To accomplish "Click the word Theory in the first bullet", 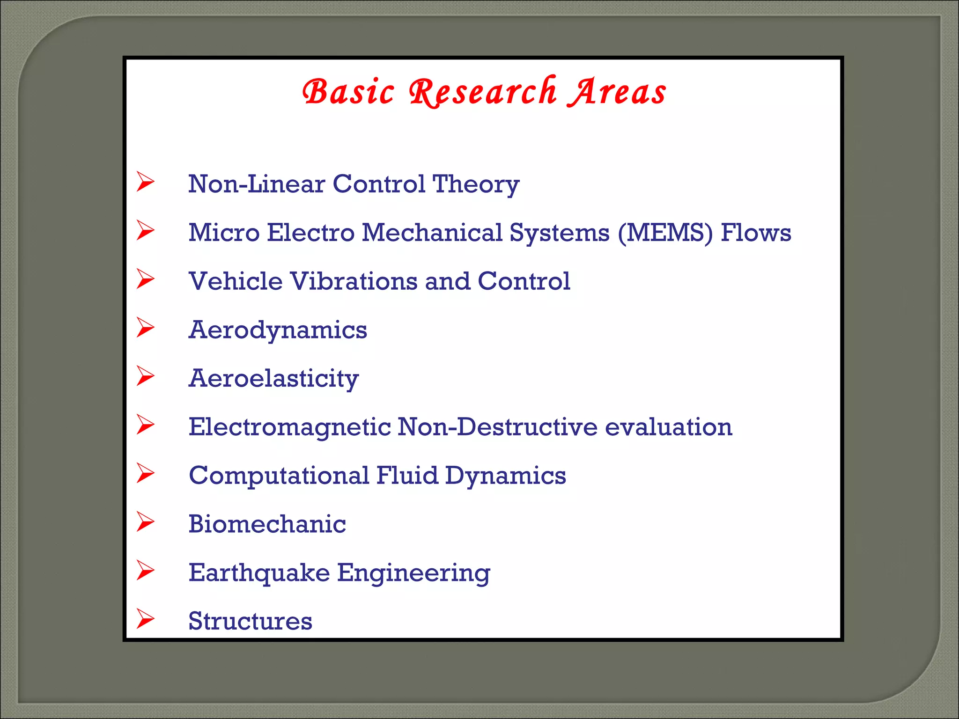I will pyautogui.click(x=476, y=184).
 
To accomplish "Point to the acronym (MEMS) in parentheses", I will pyautogui.click(x=665, y=233).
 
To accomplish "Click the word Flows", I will pyautogui.click(x=756, y=233).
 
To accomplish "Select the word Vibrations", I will pyautogui.click(x=354, y=281).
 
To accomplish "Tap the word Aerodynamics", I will pyautogui.click(x=278, y=330).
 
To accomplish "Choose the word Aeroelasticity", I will pyautogui.click(x=273, y=378).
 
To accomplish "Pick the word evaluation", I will pyautogui.click(x=668, y=427).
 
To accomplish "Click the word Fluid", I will pyautogui.click(x=407, y=476).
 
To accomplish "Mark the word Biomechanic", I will pyautogui.click(x=267, y=524).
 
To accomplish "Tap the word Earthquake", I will pyautogui.click(x=259, y=572).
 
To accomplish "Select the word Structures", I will pyautogui.click(x=250, y=621).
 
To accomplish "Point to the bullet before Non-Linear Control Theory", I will pyautogui.click(x=145, y=182).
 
